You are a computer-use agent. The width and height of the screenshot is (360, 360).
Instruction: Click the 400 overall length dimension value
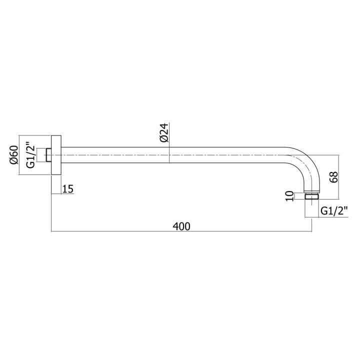(181, 226)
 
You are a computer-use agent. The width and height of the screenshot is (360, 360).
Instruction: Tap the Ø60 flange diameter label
(14, 155)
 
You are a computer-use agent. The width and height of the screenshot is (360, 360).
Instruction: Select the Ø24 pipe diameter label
(164, 132)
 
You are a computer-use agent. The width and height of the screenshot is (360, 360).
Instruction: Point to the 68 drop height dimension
(334, 177)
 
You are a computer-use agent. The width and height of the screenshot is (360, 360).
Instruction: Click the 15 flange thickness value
(67, 189)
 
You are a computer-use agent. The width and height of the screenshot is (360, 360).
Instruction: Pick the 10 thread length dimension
(289, 196)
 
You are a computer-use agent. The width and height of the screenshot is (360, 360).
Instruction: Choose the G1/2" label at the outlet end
(334, 210)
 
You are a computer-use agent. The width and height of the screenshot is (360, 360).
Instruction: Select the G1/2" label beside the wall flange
(30, 156)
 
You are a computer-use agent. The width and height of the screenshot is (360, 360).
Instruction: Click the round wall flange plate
(56, 155)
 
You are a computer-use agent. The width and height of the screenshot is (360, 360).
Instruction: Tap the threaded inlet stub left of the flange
(48, 155)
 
